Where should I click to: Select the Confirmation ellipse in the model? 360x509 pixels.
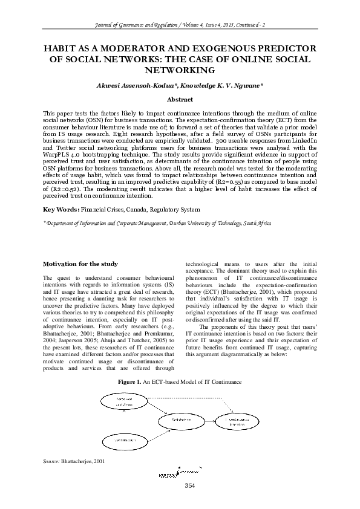pos(124,441)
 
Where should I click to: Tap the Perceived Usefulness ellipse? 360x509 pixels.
pos(125,401)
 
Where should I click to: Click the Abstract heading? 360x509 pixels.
pos(180,99)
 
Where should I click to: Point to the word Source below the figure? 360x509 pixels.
pos(50,461)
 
